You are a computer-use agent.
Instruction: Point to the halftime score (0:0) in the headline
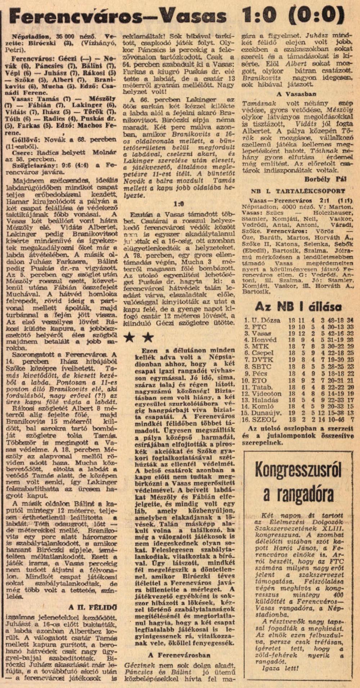[x=320, y=16]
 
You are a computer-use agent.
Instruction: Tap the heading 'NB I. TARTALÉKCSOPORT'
[x=298, y=191]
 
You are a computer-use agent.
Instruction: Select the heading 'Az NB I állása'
[x=298, y=307]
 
